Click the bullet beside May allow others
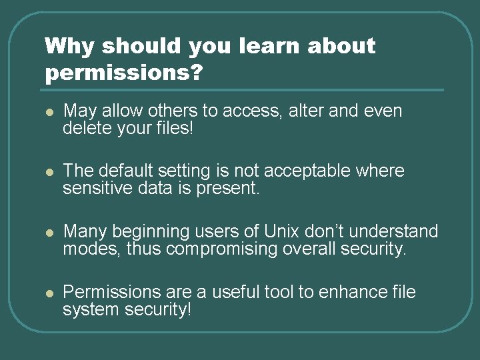[x=49, y=111]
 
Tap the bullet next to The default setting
[x=49, y=172]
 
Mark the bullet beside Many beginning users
[x=49, y=232]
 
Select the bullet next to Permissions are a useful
[x=49, y=293]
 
